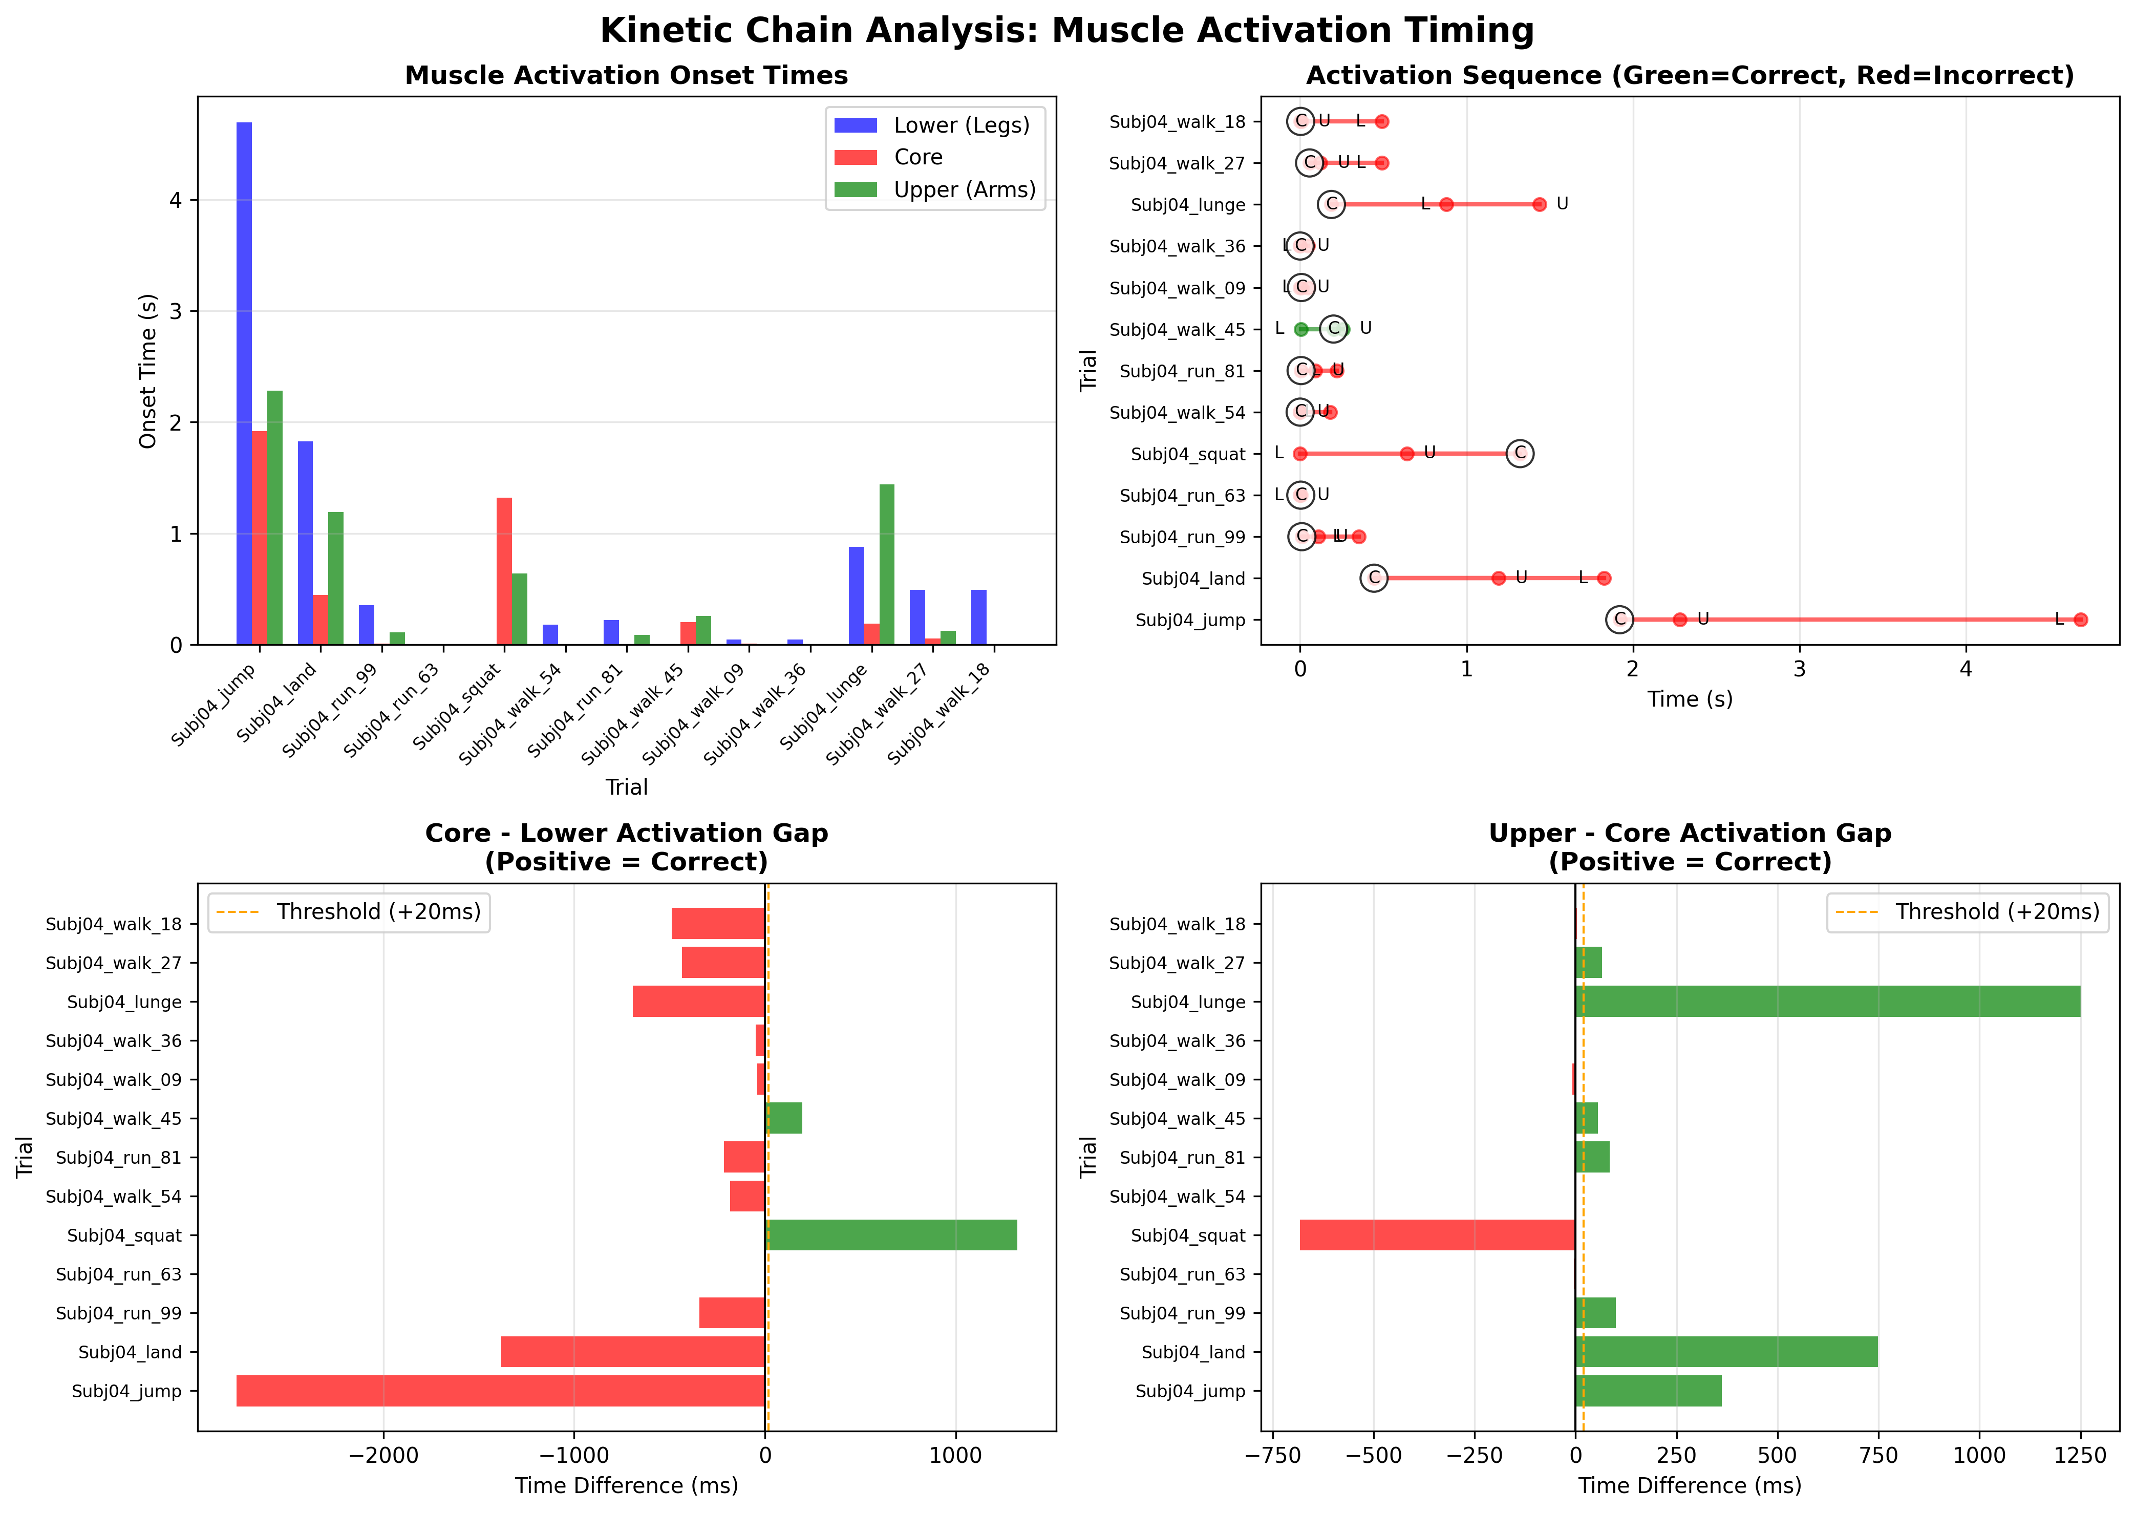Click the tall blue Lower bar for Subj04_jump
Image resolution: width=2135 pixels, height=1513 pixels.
coord(244,382)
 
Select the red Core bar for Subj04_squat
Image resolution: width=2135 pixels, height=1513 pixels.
coord(504,570)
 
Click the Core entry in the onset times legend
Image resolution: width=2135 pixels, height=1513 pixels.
coord(917,158)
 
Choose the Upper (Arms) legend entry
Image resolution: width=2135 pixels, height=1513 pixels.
coord(964,190)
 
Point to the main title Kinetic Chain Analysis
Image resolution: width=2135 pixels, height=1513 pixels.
coord(1066,31)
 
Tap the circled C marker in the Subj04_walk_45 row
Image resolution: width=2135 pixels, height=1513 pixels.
coord(1334,329)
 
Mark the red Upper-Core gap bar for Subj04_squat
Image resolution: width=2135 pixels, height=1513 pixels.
coord(1437,1235)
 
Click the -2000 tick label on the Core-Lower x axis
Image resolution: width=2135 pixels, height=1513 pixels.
coord(383,1456)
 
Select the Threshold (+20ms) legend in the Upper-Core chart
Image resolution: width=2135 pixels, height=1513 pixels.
coord(1968,912)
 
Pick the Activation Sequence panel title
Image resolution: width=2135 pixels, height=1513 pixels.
coord(1690,75)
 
